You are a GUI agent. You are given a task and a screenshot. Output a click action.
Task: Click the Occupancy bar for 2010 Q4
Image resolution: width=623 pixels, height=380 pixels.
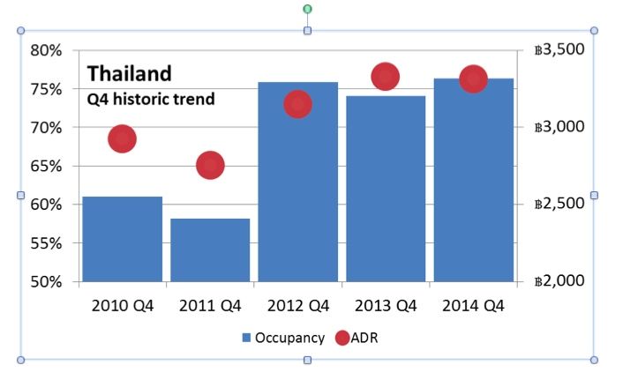[122, 239]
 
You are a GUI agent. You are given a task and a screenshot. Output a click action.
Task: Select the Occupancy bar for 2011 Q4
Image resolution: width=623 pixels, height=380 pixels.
[210, 250]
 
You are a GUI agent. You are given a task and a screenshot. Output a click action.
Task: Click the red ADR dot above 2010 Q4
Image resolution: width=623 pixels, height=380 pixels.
[122, 138]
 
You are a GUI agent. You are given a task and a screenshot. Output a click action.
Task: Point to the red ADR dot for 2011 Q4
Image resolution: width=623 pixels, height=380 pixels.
[210, 165]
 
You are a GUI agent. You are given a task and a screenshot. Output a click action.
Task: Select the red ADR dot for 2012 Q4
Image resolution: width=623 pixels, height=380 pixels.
[297, 105]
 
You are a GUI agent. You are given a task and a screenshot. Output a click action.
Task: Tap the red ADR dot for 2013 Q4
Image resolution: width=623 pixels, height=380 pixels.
[385, 77]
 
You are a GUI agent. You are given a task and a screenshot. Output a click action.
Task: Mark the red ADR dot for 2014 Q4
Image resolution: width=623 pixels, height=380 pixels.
[473, 79]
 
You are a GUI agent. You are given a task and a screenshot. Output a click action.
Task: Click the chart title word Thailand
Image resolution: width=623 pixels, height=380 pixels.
[129, 73]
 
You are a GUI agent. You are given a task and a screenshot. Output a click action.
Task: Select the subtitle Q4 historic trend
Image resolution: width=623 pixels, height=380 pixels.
[150, 99]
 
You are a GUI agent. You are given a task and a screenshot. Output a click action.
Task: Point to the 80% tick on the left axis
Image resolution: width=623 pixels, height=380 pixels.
[45, 50]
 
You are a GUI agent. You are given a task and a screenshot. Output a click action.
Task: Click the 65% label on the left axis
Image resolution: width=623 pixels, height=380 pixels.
[45, 166]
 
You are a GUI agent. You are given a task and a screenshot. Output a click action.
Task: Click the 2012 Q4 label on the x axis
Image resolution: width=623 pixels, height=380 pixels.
[297, 306]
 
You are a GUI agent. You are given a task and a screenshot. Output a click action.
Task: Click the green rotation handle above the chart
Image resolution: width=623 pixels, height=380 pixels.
[307, 9]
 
